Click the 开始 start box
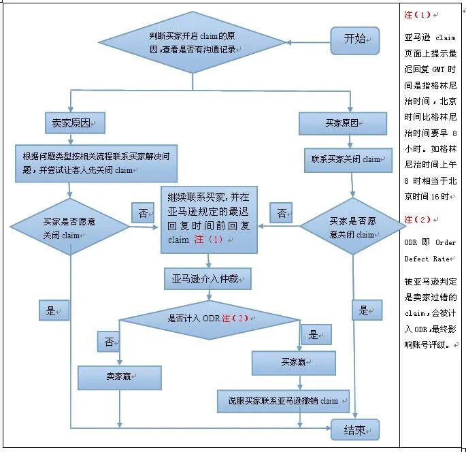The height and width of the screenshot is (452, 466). tap(354, 39)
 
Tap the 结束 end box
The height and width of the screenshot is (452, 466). tap(354, 430)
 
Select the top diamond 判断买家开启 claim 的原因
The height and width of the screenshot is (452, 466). tap(192, 41)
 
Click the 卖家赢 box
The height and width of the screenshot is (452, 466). tap(120, 376)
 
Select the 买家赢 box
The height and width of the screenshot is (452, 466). tap(293, 362)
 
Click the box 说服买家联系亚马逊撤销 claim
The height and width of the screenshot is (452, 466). tap(284, 400)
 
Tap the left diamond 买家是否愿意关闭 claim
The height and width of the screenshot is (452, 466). tap(71, 227)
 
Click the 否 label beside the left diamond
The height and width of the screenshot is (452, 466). tap(142, 213)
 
